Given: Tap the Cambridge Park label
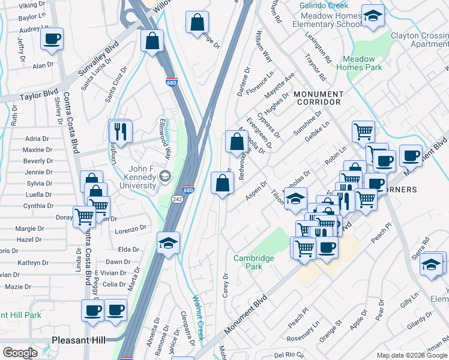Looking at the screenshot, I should coord(253,262).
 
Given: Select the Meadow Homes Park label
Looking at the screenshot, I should coord(362,63).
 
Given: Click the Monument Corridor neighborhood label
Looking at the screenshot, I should coord(318,98).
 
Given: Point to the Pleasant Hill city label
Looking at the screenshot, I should coord(79,339).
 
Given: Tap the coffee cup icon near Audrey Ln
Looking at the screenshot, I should coord(52,40).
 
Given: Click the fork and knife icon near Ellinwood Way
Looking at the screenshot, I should coord(121,130).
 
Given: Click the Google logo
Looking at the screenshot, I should coord(20,353).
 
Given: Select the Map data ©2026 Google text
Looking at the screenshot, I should coord(411,355).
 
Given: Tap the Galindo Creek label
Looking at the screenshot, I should coord(324,5).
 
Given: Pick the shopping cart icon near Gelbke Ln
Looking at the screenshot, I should coord(363,131).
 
